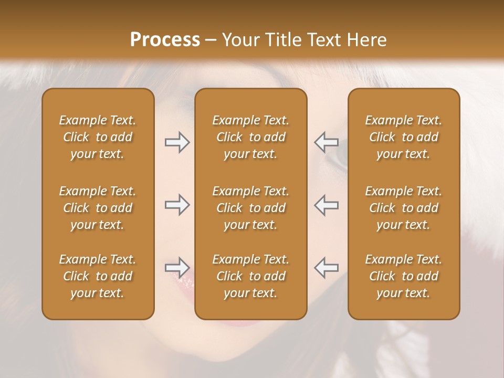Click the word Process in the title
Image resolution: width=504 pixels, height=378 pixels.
[165, 40]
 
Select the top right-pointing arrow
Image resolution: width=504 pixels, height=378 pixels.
[177, 142]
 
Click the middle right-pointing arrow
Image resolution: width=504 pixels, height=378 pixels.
[177, 205]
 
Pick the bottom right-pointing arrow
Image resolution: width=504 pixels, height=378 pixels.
[177, 268]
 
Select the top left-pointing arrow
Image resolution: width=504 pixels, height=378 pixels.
[326, 142]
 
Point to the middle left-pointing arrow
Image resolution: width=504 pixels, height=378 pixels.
[326, 205]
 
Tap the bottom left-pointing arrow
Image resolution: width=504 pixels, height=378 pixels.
[326, 268]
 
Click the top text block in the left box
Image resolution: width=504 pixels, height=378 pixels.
[98, 137]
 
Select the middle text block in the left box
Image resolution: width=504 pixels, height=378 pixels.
[98, 208]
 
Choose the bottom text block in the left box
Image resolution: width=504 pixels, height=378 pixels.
[98, 276]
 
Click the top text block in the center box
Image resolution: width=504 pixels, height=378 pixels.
[251, 137]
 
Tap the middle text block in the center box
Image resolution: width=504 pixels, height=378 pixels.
[251, 208]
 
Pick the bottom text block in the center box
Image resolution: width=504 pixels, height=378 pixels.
[251, 276]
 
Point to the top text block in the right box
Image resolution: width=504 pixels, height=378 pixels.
[404, 137]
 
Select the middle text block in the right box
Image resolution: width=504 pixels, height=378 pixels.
[404, 208]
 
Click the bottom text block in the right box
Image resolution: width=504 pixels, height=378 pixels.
[404, 276]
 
